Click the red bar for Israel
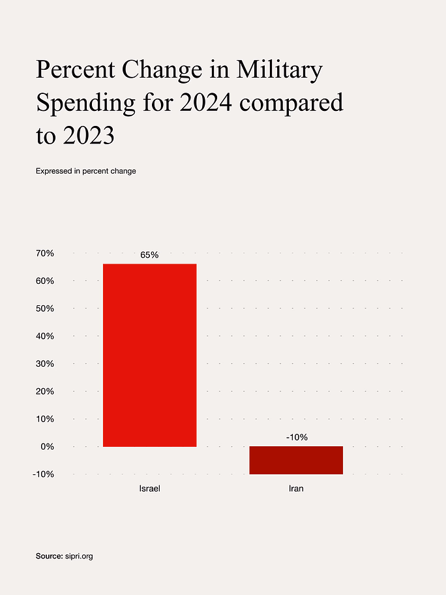pos(149,355)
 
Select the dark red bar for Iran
pos(296,460)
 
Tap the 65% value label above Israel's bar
pos(149,255)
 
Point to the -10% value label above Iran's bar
pos(297,437)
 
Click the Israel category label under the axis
pos(149,488)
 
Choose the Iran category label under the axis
pos(296,488)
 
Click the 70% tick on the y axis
pos(44,253)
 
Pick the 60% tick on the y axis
pos(44,281)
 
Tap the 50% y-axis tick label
pos(44,309)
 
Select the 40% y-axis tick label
pos(44,336)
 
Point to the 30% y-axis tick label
pos(44,363)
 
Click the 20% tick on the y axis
pos(44,391)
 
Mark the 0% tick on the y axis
pos(47,447)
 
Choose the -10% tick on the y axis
pos(42,474)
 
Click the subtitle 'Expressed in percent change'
pos(85,172)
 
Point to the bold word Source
pos(49,556)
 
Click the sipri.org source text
pos(79,556)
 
